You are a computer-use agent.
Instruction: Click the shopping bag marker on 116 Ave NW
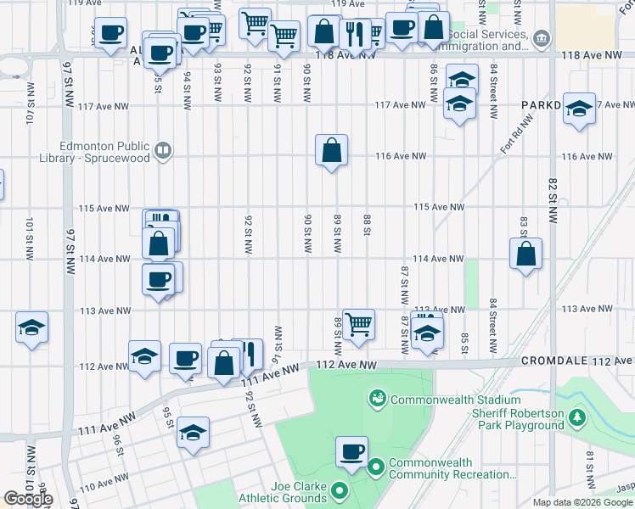(332, 151)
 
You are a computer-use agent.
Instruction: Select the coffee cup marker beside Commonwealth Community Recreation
(351, 452)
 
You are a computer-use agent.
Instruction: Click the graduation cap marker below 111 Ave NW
(193, 433)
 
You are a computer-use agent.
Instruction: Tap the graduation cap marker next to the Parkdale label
(579, 109)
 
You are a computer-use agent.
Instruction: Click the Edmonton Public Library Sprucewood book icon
(163, 152)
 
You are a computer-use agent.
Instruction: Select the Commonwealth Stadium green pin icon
(376, 398)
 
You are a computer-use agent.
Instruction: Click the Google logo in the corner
(28, 499)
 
